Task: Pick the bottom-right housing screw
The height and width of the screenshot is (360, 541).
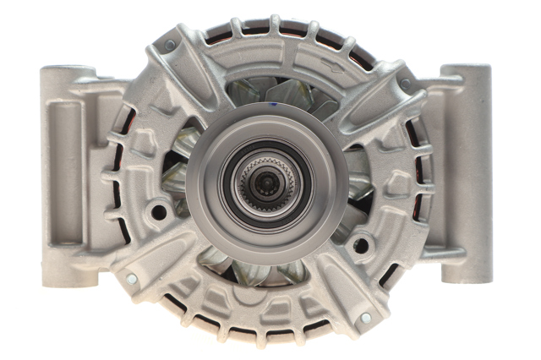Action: [x=365, y=318]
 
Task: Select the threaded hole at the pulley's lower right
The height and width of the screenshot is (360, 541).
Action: [x=361, y=245]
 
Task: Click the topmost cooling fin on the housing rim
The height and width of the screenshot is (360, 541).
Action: [x=275, y=25]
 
